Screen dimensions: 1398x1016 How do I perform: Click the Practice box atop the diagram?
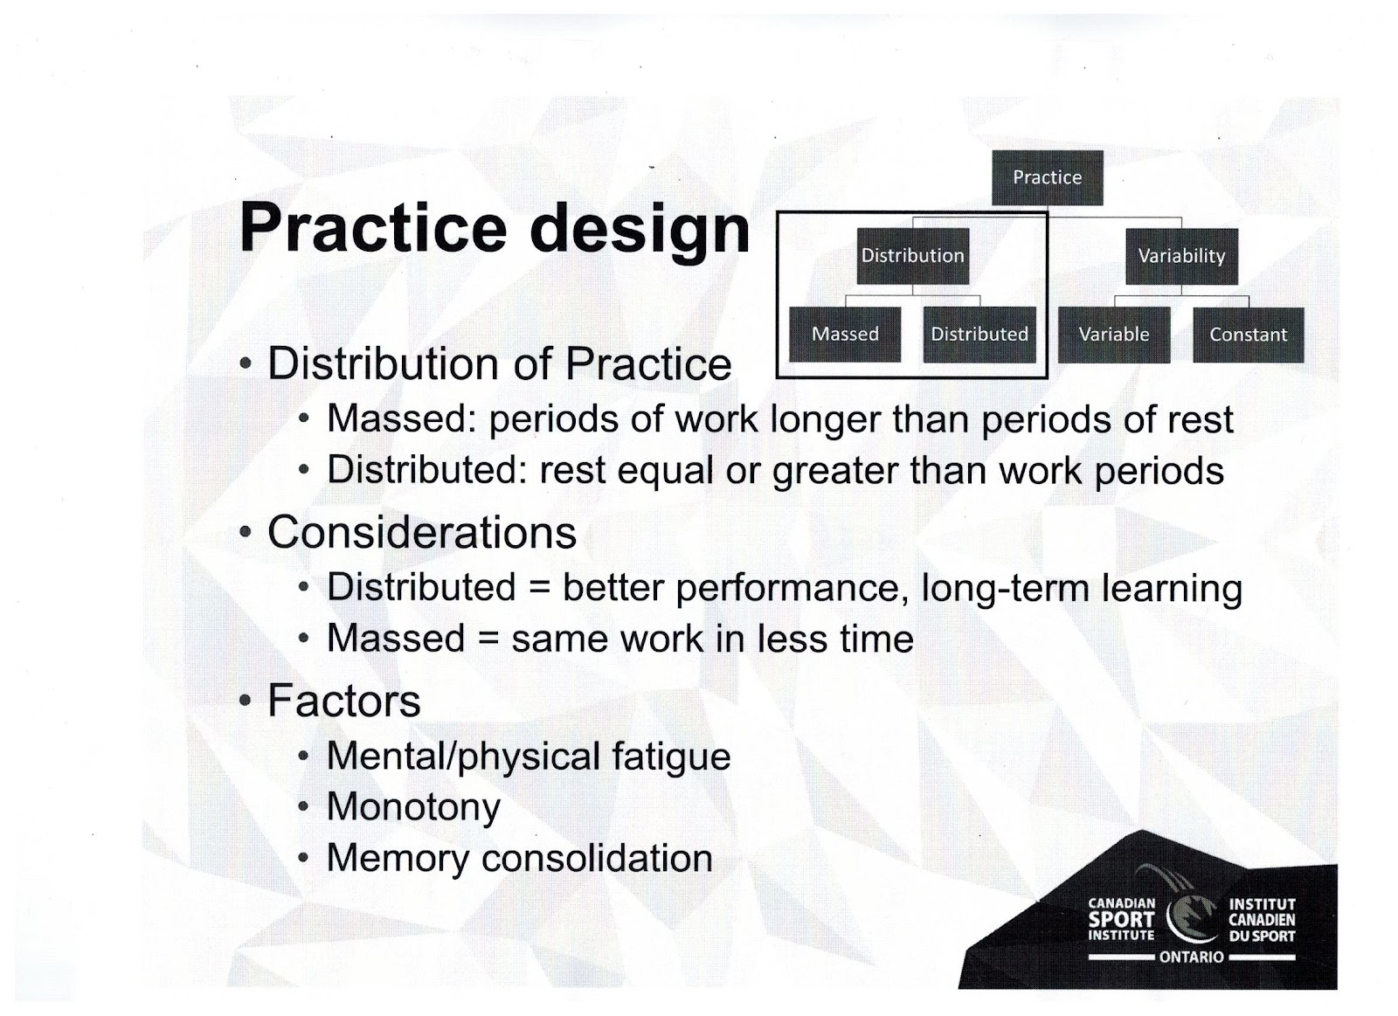(1048, 178)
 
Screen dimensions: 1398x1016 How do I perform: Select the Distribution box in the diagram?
(912, 256)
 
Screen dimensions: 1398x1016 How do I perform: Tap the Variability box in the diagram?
(1181, 257)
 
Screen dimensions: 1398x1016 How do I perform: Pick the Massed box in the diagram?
(845, 335)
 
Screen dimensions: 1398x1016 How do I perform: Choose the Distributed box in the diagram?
(979, 335)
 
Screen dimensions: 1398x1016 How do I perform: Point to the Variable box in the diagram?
(1114, 335)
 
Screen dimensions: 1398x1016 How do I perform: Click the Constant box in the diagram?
(1249, 335)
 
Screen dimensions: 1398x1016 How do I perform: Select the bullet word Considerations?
(422, 532)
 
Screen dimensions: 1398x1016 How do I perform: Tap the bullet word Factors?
(344, 701)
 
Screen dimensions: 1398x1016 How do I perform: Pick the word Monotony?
(413, 808)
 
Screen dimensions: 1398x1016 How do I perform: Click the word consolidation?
(598, 858)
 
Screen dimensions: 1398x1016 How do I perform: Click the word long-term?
(1004, 589)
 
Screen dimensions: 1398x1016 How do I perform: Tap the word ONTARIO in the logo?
(1191, 957)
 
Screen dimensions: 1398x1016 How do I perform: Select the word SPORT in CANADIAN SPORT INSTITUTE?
(1121, 919)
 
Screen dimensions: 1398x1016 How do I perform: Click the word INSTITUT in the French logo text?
(1262, 904)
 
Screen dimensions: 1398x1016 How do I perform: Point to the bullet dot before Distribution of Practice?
(246, 363)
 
